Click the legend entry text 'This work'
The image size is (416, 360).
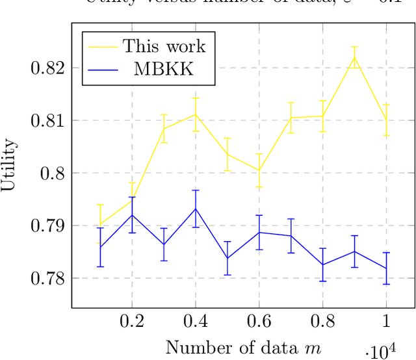[164, 46]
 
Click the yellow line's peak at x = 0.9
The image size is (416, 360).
[354, 57]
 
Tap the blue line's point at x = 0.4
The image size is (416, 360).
[195, 209]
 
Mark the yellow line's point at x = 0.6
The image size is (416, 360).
[259, 170]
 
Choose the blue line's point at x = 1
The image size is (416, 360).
[386, 268]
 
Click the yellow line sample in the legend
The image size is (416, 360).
[102, 46]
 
